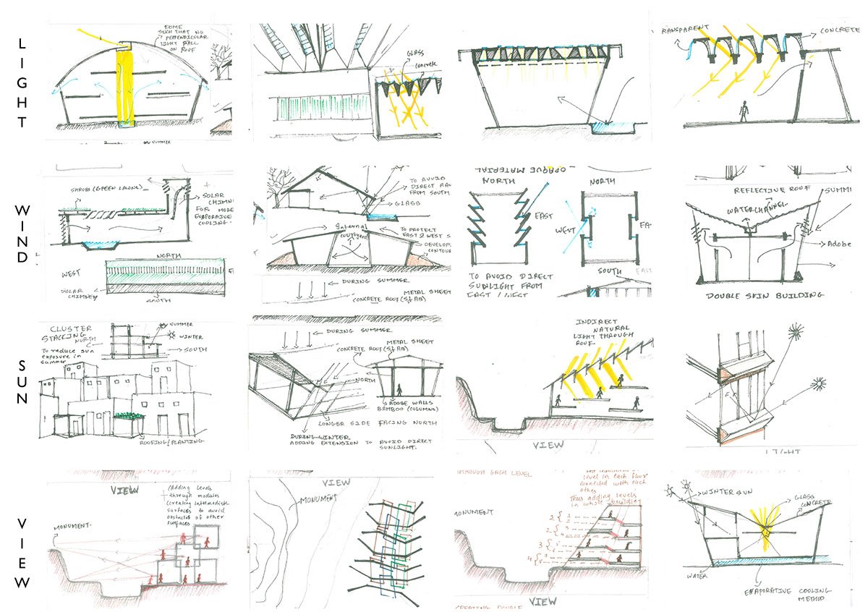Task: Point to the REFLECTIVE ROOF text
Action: point(769,190)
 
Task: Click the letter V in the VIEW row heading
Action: point(22,523)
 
